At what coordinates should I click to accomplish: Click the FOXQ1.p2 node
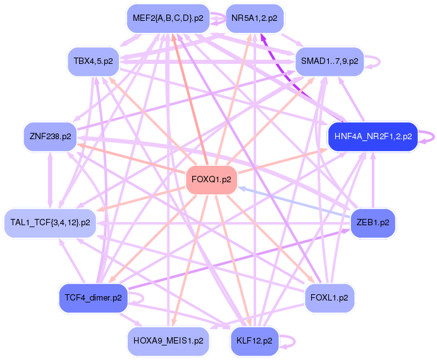(211, 180)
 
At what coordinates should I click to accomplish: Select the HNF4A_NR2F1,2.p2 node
(373, 137)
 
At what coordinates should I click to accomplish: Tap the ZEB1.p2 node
(373, 223)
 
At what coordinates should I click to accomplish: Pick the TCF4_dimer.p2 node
(94, 298)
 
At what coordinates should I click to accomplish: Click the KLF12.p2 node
(254, 341)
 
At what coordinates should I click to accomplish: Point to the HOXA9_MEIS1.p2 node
(168, 341)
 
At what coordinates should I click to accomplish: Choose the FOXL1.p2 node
(329, 298)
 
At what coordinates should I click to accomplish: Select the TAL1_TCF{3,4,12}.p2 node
(50, 223)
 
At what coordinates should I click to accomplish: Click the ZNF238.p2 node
(50, 137)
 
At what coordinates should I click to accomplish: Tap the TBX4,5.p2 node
(94, 61)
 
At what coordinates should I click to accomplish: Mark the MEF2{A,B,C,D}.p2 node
(168, 18)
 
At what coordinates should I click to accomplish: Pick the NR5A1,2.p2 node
(254, 18)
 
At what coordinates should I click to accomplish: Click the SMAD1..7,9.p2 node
(329, 61)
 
